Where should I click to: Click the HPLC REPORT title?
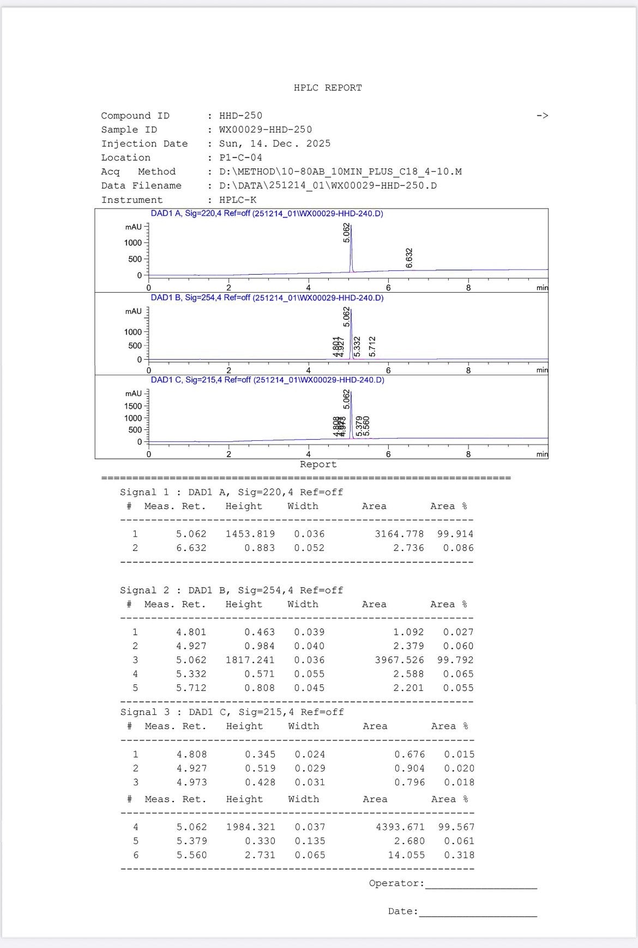pos(328,88)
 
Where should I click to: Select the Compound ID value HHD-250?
pos(240,116)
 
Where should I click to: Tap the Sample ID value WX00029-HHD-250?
pos(266,130)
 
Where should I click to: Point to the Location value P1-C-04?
pos(240,157)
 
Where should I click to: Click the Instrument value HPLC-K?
pos(238,200)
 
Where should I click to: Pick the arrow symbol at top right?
pos(542,116)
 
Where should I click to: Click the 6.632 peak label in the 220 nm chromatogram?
pos(410,258)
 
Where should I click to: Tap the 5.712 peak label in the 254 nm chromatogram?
pos(372,347)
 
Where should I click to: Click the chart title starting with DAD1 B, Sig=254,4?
pos(267,298)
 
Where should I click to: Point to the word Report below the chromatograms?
pos(318,464)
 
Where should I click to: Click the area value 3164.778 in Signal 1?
pos(399,534)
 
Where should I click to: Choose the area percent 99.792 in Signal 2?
pos(455,660)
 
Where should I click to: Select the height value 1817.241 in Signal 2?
pos(250,660)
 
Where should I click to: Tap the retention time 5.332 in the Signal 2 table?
pos(191,674)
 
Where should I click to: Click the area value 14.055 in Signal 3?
pos(406,855)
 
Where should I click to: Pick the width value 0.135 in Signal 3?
pos(310,841)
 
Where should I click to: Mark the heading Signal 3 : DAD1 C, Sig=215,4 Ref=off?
pos(232,712)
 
